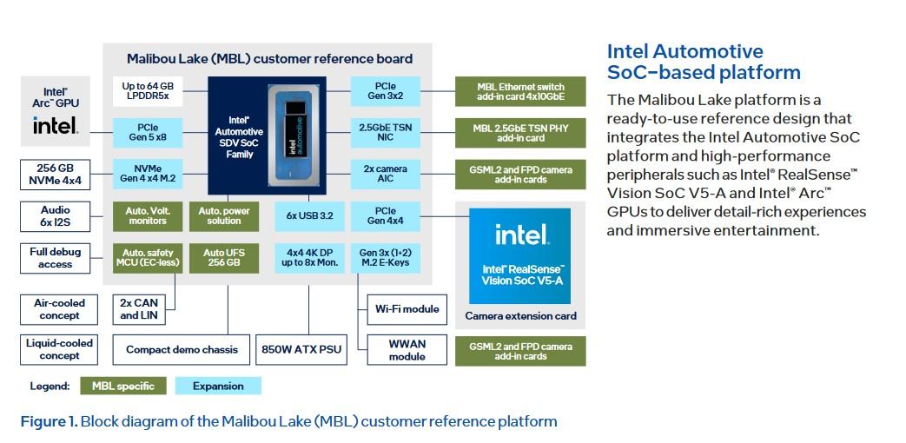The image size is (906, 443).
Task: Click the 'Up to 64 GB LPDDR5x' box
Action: tap(149, 91)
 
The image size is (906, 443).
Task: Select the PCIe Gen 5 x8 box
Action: tap(149, 132)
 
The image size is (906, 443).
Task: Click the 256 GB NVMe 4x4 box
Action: tap(56, 174)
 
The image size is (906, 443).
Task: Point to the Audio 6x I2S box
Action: tap(56, 215)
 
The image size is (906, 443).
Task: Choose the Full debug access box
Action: tap(56, 258)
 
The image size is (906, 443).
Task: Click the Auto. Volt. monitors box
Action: tap(149, 215)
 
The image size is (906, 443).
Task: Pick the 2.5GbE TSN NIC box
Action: tap(386, 132)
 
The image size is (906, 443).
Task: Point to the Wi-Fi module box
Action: tap(407, 308)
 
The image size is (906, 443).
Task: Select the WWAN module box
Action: tap(407, 349)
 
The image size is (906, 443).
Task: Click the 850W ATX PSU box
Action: tap(301, 350)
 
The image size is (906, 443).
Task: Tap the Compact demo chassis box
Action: tap(182, 350)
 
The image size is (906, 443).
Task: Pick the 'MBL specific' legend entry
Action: tap(123, 386)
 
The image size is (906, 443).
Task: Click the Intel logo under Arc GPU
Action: tap(56, 126)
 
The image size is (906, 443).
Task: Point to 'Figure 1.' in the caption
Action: tap(49, 422)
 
